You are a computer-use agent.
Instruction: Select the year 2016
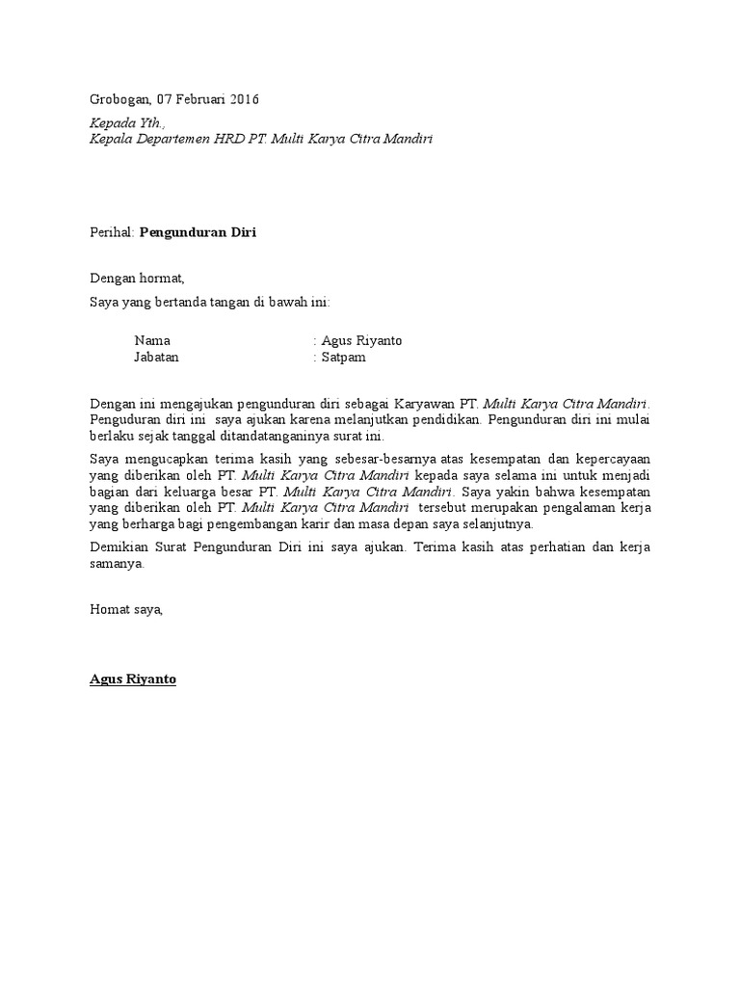(x=242, y=99)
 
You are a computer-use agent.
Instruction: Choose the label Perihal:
(x=113, y=232)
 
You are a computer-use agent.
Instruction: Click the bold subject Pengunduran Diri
(x=198, y=232)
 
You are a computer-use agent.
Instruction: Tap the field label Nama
(x=152, y=340)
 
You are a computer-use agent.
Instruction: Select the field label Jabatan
(x=156, y=357)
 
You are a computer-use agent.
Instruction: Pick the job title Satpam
(x=344, y=357)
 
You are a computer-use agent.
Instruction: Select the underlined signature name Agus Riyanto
(x=133, y=680)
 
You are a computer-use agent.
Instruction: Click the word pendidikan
(x=451, y=419)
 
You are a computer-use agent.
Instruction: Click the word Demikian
(x=116, y=547)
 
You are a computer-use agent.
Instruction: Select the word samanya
(x=116, y=564)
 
